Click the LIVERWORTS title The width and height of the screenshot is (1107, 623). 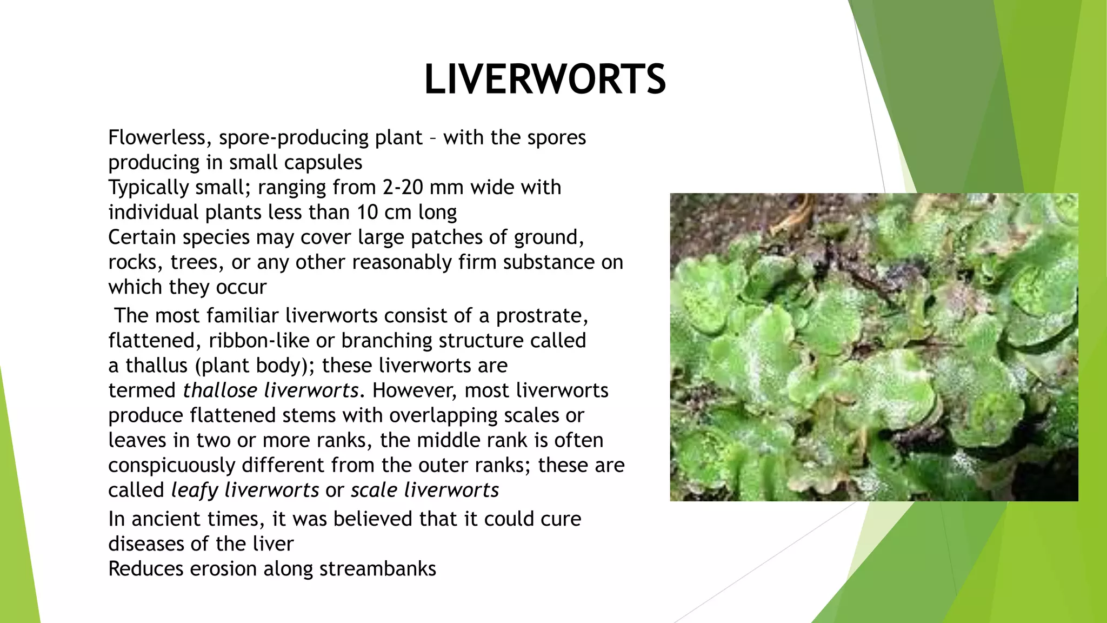coord(545,79)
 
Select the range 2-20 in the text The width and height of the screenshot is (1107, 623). coord(403,187)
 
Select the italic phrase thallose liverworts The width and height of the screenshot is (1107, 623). coord(271,390)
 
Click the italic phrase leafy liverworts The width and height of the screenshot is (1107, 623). coord(245,490)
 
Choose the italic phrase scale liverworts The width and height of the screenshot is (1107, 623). coord(424,490)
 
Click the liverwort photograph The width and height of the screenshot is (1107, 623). coord(873,347)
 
